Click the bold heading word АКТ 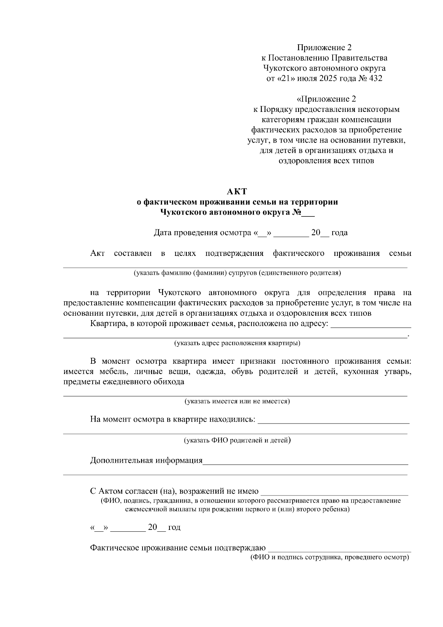point(237,191)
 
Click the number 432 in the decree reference point(375,78)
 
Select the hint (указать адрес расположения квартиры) point(237,343)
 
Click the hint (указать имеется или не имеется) point(237,401)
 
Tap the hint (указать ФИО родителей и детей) point(237,440)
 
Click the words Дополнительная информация point(146,460)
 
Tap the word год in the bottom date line point(174,527)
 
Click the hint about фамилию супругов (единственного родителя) point(237,273)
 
